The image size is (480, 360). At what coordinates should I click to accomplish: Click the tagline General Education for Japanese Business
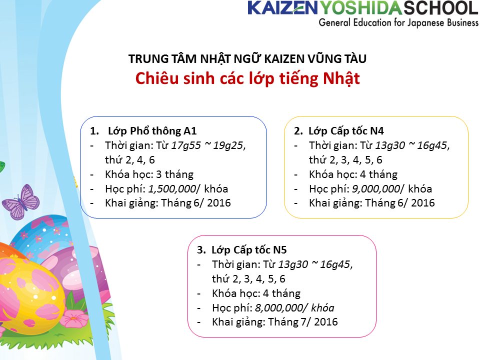click(x=398, y=23)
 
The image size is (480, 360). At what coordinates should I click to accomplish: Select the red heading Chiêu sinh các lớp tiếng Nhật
click(x=247, y=78)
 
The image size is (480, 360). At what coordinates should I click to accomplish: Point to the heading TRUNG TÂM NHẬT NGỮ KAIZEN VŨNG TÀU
click(x=247, y=58)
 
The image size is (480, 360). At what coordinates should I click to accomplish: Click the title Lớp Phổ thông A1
click(x=152, y=131)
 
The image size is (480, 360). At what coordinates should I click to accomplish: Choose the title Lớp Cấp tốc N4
click(x=346, y=131)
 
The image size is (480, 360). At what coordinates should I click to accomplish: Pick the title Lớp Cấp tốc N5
click(x=249, y=250)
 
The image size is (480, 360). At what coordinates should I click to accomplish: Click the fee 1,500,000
click(x=172, y=189)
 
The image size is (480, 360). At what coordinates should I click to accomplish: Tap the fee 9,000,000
click(x=376, y=189)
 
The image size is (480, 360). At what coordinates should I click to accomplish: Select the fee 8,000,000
click(x=279, y=308)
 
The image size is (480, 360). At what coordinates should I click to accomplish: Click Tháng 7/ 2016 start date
click(x=303, y=322)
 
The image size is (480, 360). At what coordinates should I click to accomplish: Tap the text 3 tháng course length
click(x=175, y=174)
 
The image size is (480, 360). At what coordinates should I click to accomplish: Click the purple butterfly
click(x=20, y=202)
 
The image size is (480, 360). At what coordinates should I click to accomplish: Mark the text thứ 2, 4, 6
click(x=130, y=160)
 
